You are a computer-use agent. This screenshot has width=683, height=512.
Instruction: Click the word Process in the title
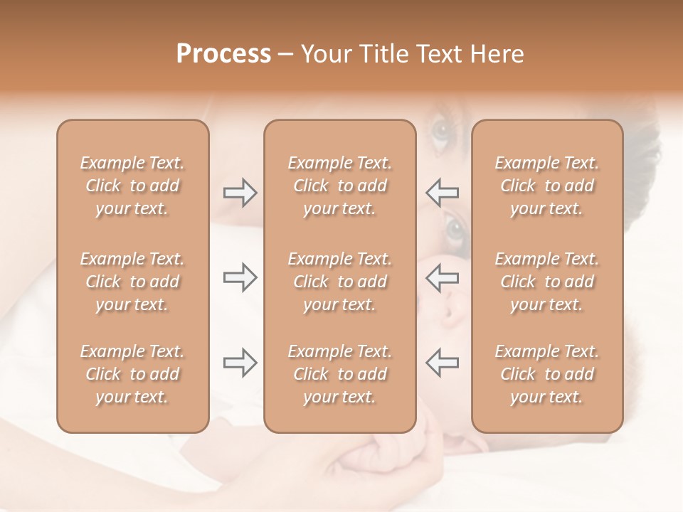click(x=223, y=54)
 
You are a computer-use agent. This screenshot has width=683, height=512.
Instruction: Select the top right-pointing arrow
click(x=240, y=193)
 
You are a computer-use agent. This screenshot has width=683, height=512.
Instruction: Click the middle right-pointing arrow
click(x=240, y=277)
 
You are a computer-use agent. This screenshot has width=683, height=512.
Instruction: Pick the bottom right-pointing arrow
click(x=240, y=363)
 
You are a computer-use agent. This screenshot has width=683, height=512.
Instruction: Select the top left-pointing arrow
click(x=443, y=193)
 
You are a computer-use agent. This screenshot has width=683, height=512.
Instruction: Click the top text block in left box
click(x=132, y=186)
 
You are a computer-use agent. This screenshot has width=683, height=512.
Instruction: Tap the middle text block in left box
click(x=132, y=282)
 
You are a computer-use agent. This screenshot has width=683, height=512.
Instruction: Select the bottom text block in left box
click(x=132, y=374)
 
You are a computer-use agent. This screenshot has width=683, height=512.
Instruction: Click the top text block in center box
click(x=339, y=186)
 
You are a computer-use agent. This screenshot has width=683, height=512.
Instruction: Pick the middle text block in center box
click(x=339, y=282)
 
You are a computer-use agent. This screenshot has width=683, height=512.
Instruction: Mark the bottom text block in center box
click(x=339, y=374)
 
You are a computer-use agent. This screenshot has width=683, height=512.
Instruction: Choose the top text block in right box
click(x=546, y=186)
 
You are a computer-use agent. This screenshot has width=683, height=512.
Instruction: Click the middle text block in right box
click(x=546, y=282)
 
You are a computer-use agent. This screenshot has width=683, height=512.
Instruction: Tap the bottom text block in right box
click(x=546, y=374)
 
